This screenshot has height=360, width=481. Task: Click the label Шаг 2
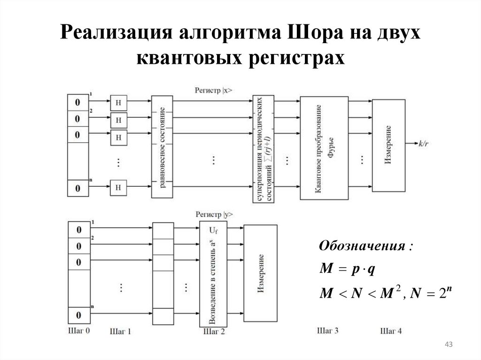[x=214, y=331]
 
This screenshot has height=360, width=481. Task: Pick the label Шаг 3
[x=327, y=330]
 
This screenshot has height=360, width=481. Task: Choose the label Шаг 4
[x=391, y=331]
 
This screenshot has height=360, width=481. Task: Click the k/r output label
[x=423, y=144]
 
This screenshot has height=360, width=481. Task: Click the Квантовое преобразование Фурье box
[x=324, y=148]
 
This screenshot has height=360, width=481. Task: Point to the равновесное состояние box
[x=162, y=147]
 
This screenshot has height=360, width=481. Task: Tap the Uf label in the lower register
[x=213, y=230]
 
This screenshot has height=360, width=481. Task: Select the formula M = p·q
[x=347, y=269]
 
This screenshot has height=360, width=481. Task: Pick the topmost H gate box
[x=118, y=102]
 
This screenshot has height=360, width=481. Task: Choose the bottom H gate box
[x=118, y=188]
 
